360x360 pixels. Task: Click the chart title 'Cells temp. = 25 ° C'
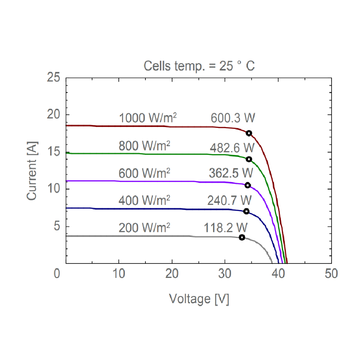coord(199,66)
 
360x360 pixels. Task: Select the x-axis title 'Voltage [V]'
coord(199,298)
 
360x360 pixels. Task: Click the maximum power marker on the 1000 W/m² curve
coord(249,133)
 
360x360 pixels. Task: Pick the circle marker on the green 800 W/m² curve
coord(249,159)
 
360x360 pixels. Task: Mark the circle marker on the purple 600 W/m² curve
coord(248,185)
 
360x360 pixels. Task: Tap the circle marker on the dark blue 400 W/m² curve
coord(246,211)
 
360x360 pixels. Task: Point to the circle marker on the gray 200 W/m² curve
coord(242,237)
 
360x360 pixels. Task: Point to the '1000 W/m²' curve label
coord(148,118)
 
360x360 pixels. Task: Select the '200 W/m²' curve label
coord(144,228)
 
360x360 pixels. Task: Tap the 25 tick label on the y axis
coord(55,77)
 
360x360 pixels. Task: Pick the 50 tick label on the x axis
coord(331,274)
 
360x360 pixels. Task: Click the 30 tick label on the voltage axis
coord(225,274)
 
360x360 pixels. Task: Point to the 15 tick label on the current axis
coord(55,152)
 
